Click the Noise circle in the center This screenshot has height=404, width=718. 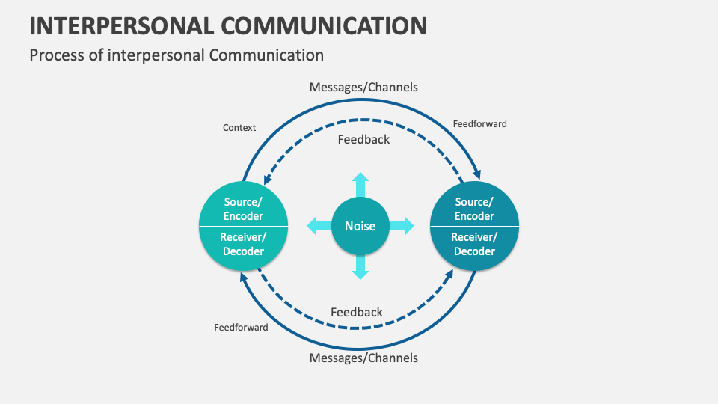pyautogui.click(x=360, y=226)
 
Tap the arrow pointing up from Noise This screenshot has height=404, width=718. pyautogui.click(x=360, y=184)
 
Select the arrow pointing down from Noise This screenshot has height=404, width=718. pyautogui.click(x=360, y=267)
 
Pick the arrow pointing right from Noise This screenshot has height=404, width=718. pyautogui.click(x=402, y=226)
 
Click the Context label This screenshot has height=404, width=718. pyautogui.click(x=239, y=128)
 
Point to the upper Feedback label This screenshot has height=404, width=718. pyautogui.click(x=363, y=139)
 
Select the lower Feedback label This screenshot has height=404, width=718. pyautogui.click(x=357, y=312)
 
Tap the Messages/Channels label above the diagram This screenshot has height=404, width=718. pyautogui.click(x=363, y=88)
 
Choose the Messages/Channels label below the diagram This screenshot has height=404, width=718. pyautogui.click(x=363, y=358)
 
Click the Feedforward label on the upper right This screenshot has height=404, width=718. pyautogui.click(x=479, y=123)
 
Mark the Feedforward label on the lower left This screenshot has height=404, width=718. pyautogui.click(x=241, y=327)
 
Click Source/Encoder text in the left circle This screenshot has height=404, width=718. pyautogui.click(x=244, y=209)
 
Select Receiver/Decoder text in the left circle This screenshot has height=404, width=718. pyautogui.click(x=244, y=244)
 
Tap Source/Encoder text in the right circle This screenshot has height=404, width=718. pyautogui.click(x=475, y=209)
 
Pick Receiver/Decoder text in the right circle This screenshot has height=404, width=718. pyautogui.click(x=475, y=244)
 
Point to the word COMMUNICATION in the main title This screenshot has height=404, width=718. pyautogui.click(x=325, y=25)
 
